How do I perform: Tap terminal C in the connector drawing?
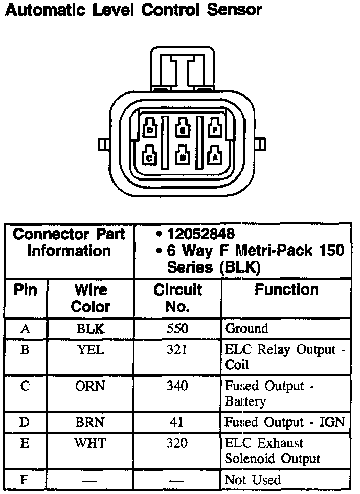150,155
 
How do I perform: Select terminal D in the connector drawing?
150,128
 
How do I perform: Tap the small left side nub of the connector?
103,144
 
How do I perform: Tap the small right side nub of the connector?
262,144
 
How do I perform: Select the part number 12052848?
200,234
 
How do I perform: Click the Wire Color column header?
91,298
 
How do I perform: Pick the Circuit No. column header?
177,298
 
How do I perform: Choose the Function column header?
286,290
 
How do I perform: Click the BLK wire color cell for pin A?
90,329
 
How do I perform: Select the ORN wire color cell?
90,386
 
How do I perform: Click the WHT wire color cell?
90,443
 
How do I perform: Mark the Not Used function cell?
253,480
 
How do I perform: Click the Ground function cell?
246,329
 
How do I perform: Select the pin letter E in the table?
25,443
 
